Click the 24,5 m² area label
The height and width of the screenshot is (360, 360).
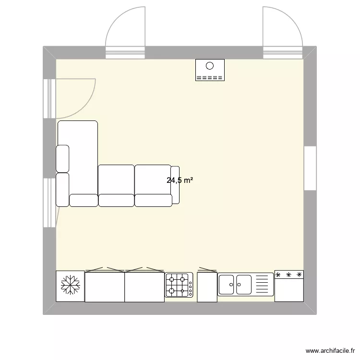(x=180, y=181)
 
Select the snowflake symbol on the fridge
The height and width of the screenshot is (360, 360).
(x=70, y=286)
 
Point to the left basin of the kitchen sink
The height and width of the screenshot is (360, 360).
(x=227, y=284)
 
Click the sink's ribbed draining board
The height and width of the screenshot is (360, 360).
(x=263, y=284)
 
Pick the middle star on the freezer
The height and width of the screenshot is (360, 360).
(x=289, y=275)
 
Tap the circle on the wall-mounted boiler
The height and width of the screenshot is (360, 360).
(x=210, y=67)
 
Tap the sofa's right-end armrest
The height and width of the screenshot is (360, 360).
(x=175, y=185)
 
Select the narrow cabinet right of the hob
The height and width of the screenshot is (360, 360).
(x=207, y=287)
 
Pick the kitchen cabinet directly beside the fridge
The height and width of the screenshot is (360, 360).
(x=105, y=287)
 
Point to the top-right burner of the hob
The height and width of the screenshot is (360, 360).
(x=185, y=279)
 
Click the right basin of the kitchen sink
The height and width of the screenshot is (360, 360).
(x=244, y=284)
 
